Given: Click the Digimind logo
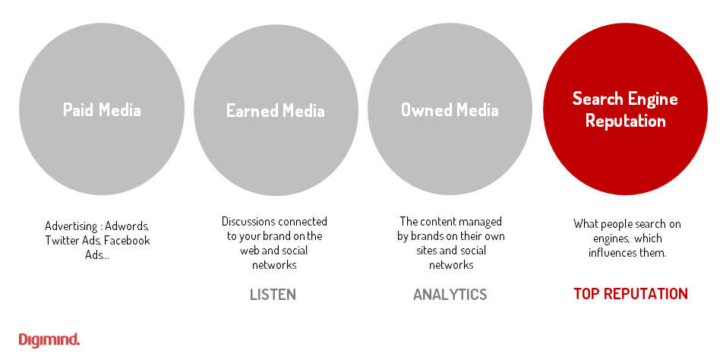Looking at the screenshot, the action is click(49, 339).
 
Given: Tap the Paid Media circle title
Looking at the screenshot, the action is click(102, 109).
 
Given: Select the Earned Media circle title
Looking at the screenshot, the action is click(275, 111).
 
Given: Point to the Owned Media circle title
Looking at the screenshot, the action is click(450, 110).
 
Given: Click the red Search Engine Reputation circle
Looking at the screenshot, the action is click(625, 109).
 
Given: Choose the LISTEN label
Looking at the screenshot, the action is click(273, 295).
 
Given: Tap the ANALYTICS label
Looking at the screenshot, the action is click(450, 295).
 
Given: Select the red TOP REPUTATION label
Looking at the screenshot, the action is click(630, 294).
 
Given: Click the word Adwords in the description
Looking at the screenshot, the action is click(127, 226).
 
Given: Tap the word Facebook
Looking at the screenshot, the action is click(127, 241).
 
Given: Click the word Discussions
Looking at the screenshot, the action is click(248, 222).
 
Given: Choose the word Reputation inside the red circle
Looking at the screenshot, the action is click(625, 121).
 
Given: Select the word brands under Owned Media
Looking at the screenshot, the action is click(425, 236).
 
